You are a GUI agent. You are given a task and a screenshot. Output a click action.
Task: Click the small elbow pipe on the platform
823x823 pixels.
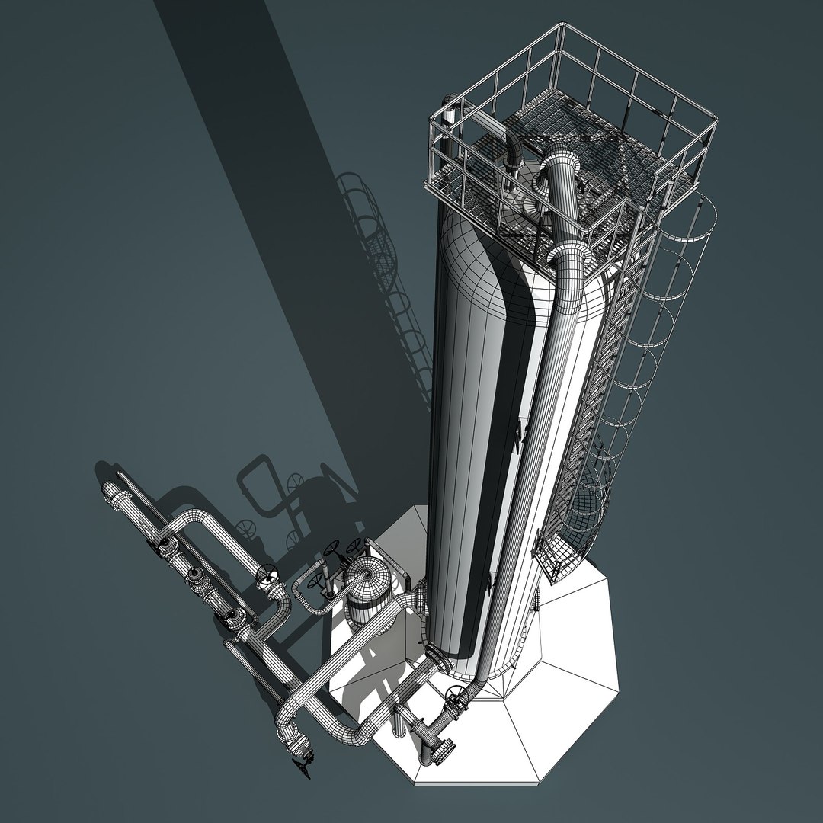511,149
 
